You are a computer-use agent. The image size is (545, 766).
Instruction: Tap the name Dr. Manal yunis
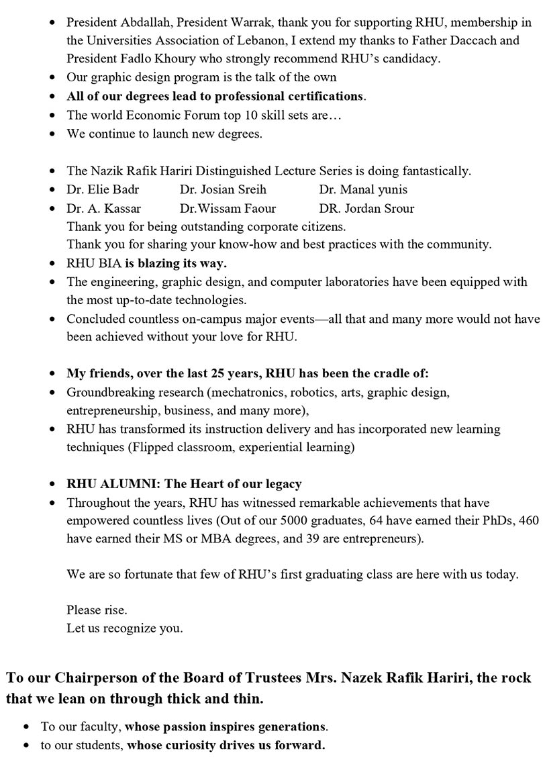[363, 189]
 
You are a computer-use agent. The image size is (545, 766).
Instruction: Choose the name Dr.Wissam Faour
[228, 208]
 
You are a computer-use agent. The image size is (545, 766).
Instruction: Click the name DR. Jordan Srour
[366, 208]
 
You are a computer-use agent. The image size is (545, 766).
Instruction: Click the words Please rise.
[97, 610]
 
